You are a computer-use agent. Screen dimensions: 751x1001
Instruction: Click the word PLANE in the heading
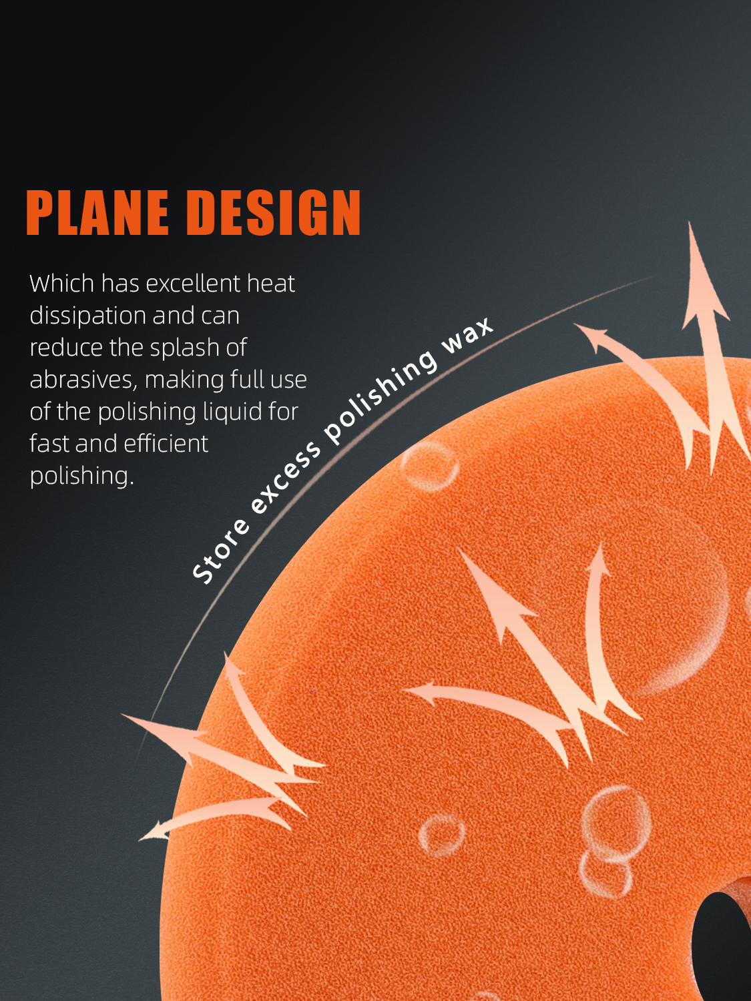click(97, 212)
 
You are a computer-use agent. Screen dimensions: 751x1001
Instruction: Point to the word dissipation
click(87, 316)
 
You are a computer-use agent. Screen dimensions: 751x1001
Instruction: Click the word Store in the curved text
click(221, 551)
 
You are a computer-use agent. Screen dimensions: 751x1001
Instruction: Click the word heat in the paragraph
click(271, 283)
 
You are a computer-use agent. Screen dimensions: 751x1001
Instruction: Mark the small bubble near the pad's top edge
click(429, 466)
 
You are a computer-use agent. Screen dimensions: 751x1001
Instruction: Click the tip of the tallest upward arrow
click(690, 222)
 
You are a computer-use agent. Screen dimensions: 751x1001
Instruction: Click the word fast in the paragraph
click(49, 443)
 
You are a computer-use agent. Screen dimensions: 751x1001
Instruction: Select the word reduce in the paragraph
click(66, 348)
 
